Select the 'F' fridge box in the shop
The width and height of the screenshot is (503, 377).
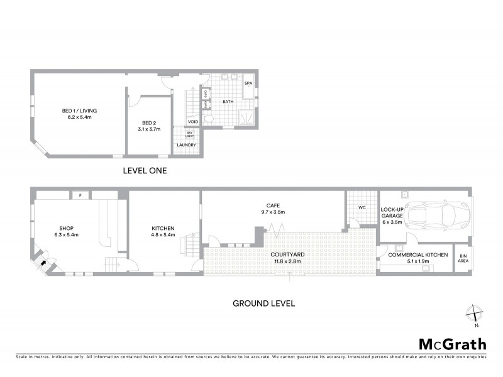80,195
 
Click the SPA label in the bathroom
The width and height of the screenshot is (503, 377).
248,83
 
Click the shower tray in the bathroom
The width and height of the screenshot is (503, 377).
245,116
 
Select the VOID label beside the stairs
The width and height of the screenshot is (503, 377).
202,122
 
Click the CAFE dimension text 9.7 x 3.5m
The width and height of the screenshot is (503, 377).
273,212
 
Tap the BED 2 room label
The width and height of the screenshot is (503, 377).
150,126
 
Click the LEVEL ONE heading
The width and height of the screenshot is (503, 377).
144,170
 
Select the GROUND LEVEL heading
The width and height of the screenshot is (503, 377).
264,303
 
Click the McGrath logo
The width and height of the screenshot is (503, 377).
452,344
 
